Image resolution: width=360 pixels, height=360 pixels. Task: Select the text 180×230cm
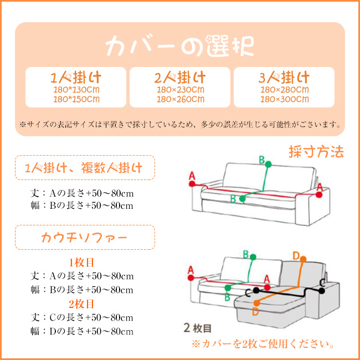[x=180, y=89]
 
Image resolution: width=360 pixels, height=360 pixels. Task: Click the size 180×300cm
[x=284, y=99]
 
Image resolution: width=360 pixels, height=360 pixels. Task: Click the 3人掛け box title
[x=284, y=76]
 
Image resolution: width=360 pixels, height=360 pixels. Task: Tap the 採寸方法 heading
[x=316, y=151]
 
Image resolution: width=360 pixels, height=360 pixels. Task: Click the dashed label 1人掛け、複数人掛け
[x=84, y=167]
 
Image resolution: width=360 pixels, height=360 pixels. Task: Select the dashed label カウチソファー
[x=84, y=237]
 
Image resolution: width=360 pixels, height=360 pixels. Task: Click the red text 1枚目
[x=82, y=262]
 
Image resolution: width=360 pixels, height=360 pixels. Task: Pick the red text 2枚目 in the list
[x=82, y=304]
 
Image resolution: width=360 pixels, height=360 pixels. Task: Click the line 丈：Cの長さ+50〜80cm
[x=82, y=318]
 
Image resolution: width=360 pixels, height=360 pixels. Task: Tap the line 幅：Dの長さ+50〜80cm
[x=82, y=331]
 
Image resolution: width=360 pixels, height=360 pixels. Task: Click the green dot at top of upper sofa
[x=268, y=164]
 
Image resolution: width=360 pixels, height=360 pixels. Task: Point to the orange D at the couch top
[x=296, y=255]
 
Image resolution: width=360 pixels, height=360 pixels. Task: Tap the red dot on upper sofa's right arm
[x=319, y=194]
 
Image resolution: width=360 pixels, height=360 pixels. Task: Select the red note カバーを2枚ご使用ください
[x=263, y=344]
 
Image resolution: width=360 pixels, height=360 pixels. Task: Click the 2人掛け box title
[x=180, y=76]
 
